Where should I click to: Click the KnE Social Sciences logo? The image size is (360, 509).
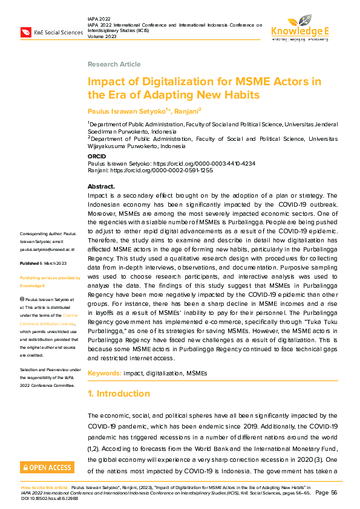pos(52,32)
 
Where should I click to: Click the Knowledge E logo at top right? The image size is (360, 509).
pos(299,27)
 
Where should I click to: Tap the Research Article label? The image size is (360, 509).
pos(114,64)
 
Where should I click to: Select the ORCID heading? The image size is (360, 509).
pos(97,156)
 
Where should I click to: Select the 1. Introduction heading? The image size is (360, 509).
pos(119,394)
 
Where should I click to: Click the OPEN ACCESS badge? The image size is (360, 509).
pos(47,467)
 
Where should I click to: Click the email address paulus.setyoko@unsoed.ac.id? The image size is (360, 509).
pos(47,248)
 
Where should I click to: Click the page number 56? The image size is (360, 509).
pos(333,493)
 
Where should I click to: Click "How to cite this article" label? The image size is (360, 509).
pos(45,487)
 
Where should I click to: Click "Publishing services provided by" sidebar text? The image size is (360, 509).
pos(50,277)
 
